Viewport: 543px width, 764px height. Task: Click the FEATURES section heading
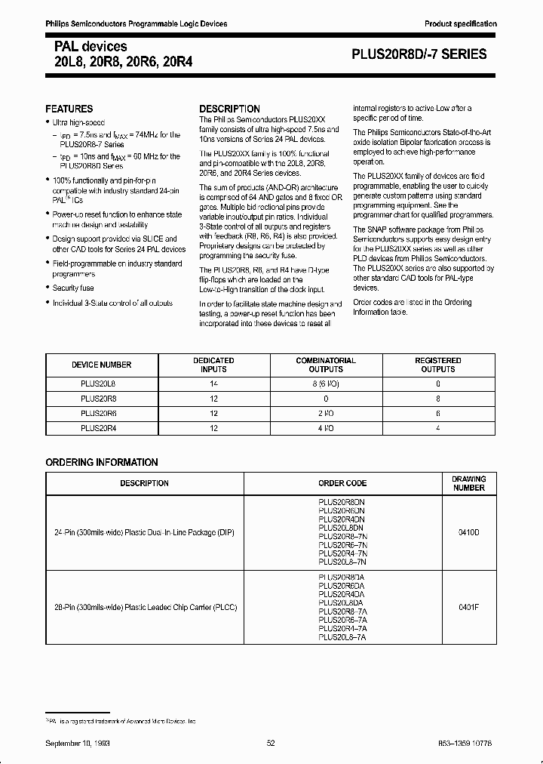[x=69, y=109]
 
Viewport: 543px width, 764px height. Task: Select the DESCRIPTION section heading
[x=229, y=109]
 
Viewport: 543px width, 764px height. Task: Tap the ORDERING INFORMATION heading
[x=102, y=462]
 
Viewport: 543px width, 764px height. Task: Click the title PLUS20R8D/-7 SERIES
[x=420, y=54]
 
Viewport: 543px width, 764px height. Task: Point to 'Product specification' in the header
[x=461, y=24]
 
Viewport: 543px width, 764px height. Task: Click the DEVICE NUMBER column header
[x=101, y=365]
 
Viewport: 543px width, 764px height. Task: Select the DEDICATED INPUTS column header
[x=213, y=365]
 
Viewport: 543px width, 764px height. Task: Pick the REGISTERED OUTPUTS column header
[x=437, y=365]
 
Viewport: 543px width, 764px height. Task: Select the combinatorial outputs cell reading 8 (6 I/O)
[x=325, y=384]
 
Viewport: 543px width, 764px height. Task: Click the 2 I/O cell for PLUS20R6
[x=325, y=413]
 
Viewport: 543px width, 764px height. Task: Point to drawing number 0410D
[x=469, y=532]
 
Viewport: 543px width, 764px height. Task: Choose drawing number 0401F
[x=469, y=605]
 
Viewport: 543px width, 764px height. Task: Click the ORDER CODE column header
[x=342, y=483]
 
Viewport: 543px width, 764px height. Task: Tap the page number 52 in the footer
[x=271, y=743]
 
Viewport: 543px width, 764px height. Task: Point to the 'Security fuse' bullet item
[x=73, y=288]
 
